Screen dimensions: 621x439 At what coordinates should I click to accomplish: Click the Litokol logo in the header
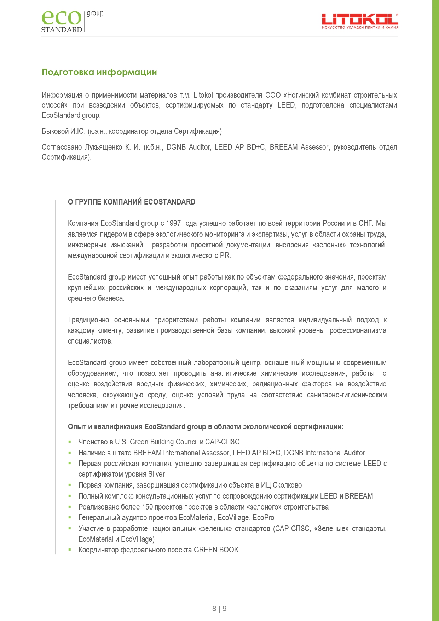[x=360, y=21]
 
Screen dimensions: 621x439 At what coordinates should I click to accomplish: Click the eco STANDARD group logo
[x=72, y=21]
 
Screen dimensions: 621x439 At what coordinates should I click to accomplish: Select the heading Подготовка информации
[x=99, y=72]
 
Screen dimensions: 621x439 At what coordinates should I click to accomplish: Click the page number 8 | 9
[x=219, y=609]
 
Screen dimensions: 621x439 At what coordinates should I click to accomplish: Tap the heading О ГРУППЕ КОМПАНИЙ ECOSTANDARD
[x=132, y=202]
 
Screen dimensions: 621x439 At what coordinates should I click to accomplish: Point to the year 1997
[x=173, y=223]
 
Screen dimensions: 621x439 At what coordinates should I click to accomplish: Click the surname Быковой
[x=55, y=131]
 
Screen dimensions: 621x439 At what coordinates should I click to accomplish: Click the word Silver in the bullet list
[x=156, y=474]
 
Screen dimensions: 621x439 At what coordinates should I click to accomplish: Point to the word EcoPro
[x=263, y=518]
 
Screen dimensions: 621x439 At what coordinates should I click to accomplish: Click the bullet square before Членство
[x=70, y=442]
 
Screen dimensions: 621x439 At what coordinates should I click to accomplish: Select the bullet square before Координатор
[x=70, y=550]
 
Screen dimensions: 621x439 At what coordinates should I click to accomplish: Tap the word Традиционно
[x=88, y=320]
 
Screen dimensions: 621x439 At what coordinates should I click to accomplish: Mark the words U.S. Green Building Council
[x=156, y=442]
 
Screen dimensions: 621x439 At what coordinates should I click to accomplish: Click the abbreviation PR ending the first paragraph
[x=225, y=255]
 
